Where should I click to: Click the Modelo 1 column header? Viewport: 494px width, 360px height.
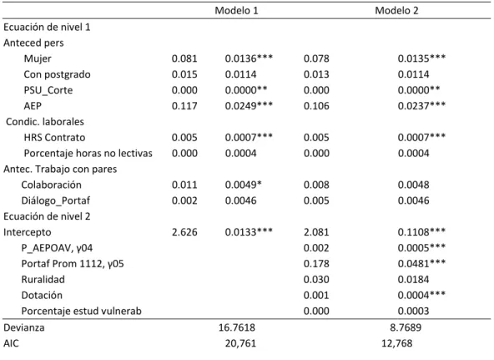pos(236,11)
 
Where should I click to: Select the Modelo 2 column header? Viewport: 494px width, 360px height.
pos(396,11)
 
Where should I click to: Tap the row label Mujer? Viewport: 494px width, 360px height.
pos(38,58)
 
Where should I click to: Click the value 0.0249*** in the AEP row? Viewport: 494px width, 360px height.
pos(249,105)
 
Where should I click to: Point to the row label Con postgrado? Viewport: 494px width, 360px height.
pos(57,74)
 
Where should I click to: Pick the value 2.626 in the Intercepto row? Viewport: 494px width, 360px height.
pos(184,232)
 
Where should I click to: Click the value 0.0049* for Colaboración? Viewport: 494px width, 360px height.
pos(243,185)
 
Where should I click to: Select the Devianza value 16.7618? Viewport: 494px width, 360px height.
pos(237,327)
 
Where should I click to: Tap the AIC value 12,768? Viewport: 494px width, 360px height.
pos(396,343)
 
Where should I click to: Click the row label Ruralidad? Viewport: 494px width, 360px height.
pos(43,280)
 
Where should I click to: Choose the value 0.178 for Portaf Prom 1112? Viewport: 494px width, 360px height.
pos(316,264)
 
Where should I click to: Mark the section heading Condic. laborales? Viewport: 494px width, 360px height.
pos(45,122)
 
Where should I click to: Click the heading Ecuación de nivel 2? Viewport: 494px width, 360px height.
pos(47,216)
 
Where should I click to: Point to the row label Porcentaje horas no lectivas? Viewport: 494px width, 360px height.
pos(88,154)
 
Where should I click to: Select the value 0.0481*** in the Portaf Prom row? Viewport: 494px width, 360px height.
pos(421,264)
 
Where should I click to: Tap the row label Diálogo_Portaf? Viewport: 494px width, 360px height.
pos(55,200)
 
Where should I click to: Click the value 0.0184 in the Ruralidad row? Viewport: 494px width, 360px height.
pos(413,280)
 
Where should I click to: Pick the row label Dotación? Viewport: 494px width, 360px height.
pos(42,296)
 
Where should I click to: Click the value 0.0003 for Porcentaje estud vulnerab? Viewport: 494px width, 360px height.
pos(413,312)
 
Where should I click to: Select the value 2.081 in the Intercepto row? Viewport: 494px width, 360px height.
pos(316,232)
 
